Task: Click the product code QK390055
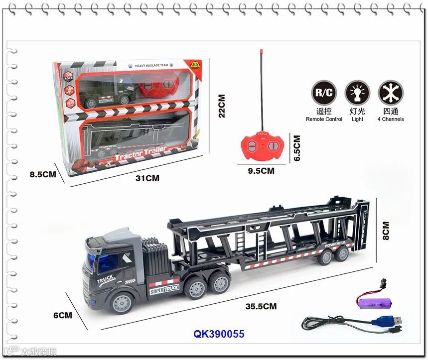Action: point(219,334)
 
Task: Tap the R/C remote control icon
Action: point(324,92)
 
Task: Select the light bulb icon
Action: point(357,92)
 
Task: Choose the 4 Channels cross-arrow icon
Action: point(390,92)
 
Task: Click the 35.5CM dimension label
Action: point(261,306)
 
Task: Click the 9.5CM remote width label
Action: point(262,170)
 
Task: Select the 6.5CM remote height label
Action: point(297,148)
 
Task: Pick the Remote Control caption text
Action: point(324,120)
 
